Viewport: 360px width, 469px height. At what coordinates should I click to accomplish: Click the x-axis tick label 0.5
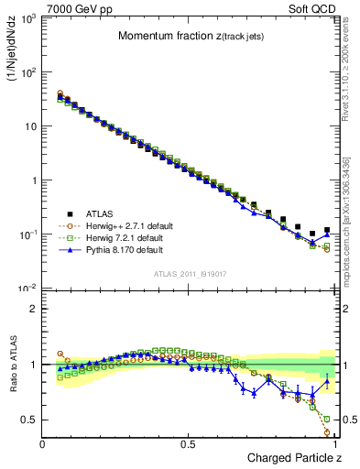pos(188,443)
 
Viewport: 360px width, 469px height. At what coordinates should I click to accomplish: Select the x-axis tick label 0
pos(42,443)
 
